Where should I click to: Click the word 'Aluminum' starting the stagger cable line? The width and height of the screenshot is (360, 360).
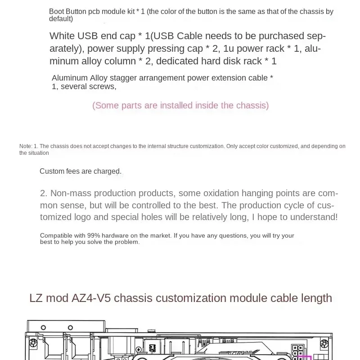point(69,78)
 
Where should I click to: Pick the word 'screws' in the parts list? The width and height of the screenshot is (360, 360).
point(104,86)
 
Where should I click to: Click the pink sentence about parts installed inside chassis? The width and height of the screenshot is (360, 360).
point(180,105)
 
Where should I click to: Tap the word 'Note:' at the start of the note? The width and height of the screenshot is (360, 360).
point(26,146)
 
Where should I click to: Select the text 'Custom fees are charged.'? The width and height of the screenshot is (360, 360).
point(81,171)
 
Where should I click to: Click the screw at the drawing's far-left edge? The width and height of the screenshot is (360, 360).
point(33,343)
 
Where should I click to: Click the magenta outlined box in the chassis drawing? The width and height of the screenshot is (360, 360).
point(306,358)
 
